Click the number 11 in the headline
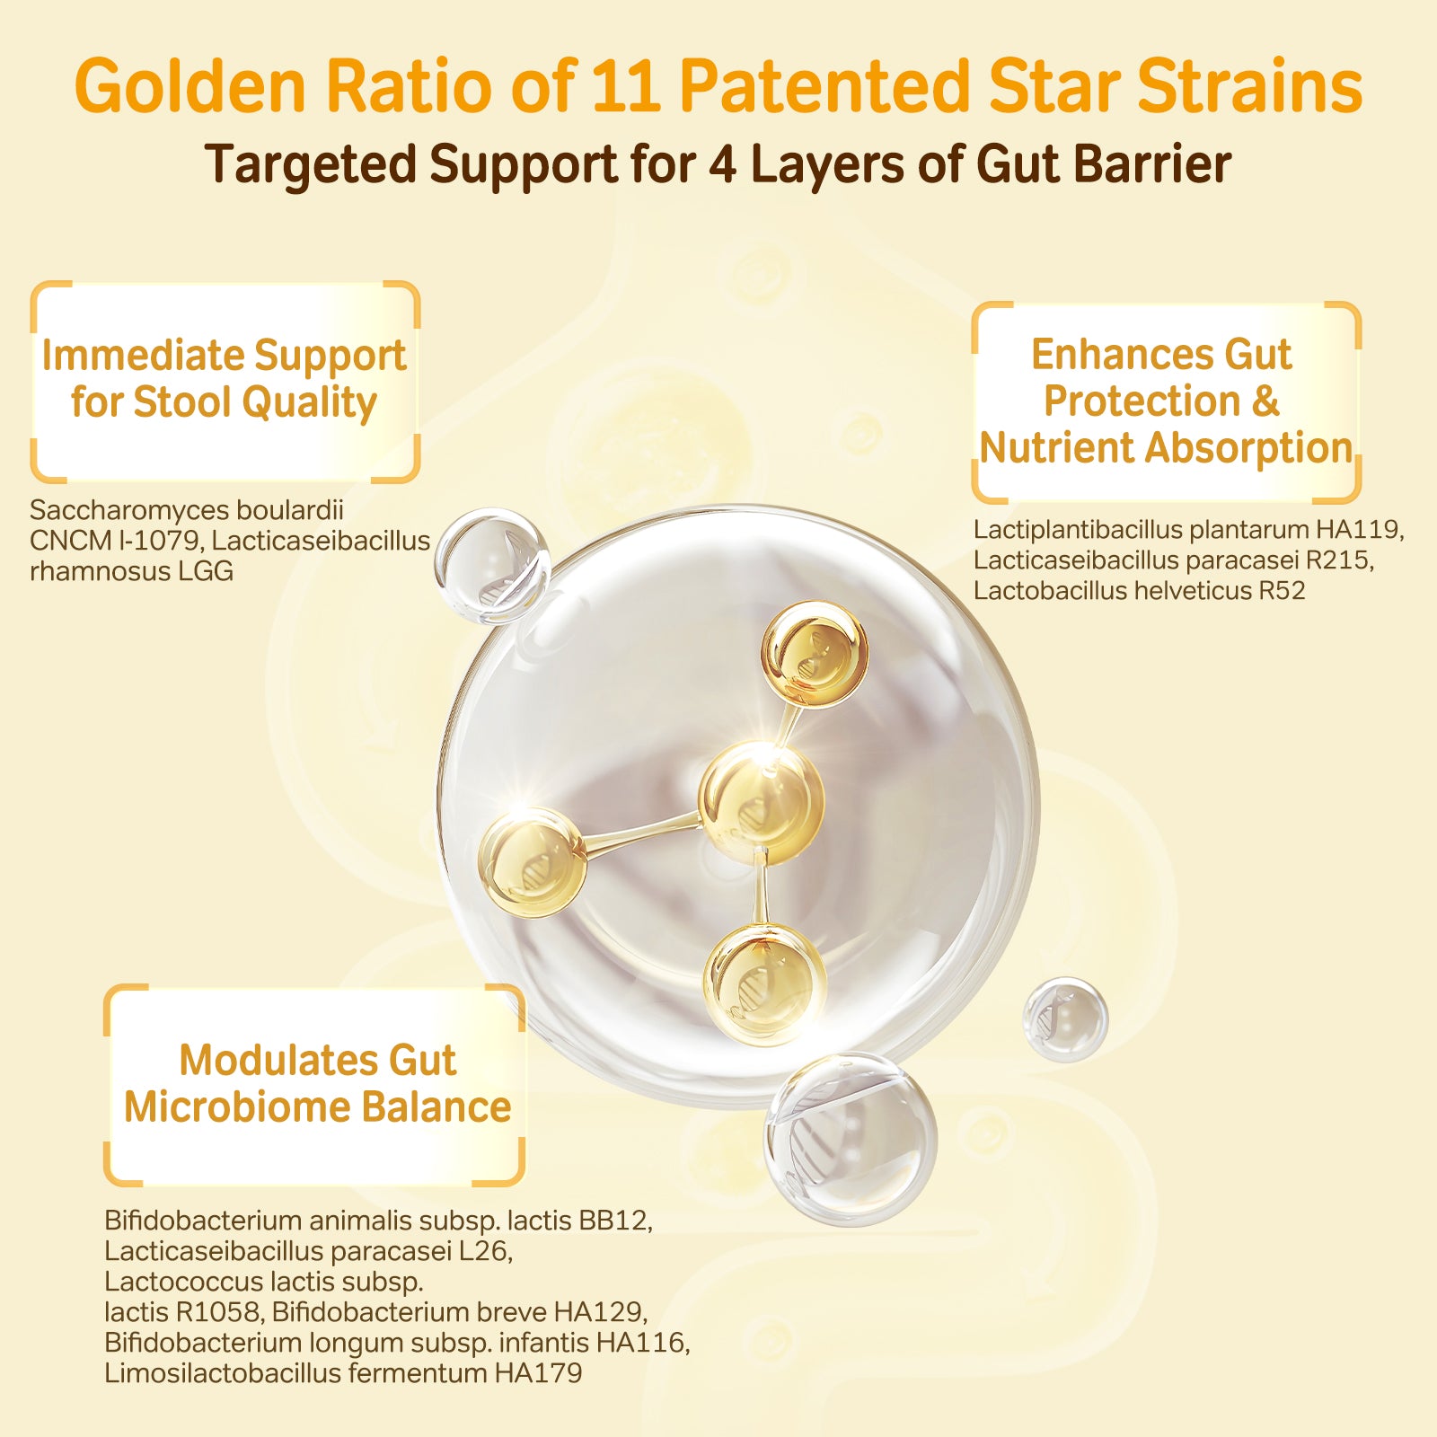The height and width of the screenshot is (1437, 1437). coord(625,86)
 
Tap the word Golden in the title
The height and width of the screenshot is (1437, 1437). coord(190,86)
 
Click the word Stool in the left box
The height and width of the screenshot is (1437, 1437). coord(181,401)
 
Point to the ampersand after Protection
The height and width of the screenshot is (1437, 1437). coord(1265,401)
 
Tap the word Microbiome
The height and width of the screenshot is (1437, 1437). coord(235,1106)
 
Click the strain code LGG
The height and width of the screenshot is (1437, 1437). coord(206,571)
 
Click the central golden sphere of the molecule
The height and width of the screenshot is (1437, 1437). coord(761,802)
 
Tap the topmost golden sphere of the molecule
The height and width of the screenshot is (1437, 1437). coord(815,653)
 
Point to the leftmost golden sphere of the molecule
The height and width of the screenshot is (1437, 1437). coord(533,861)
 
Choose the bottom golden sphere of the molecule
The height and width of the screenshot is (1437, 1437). coord(764,985)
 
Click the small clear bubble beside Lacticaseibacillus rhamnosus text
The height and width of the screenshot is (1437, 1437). coord(492,566)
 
